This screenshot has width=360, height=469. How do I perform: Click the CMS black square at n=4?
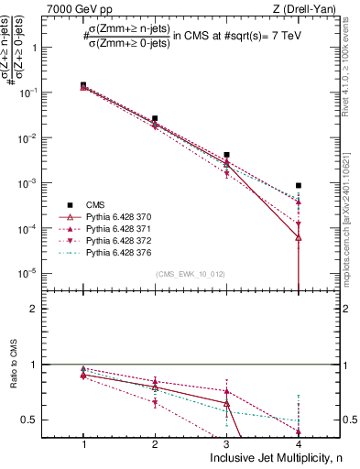[299, 186]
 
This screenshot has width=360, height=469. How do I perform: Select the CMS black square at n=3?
[226, 155]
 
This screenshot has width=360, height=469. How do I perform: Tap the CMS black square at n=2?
[155, 118]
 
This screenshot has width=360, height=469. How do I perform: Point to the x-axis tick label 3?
[226, 443]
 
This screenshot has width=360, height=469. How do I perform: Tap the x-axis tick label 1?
[83, 443]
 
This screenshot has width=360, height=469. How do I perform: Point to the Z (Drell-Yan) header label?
[301, 8]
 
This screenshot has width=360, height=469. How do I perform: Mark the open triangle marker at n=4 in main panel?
[299, 237]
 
